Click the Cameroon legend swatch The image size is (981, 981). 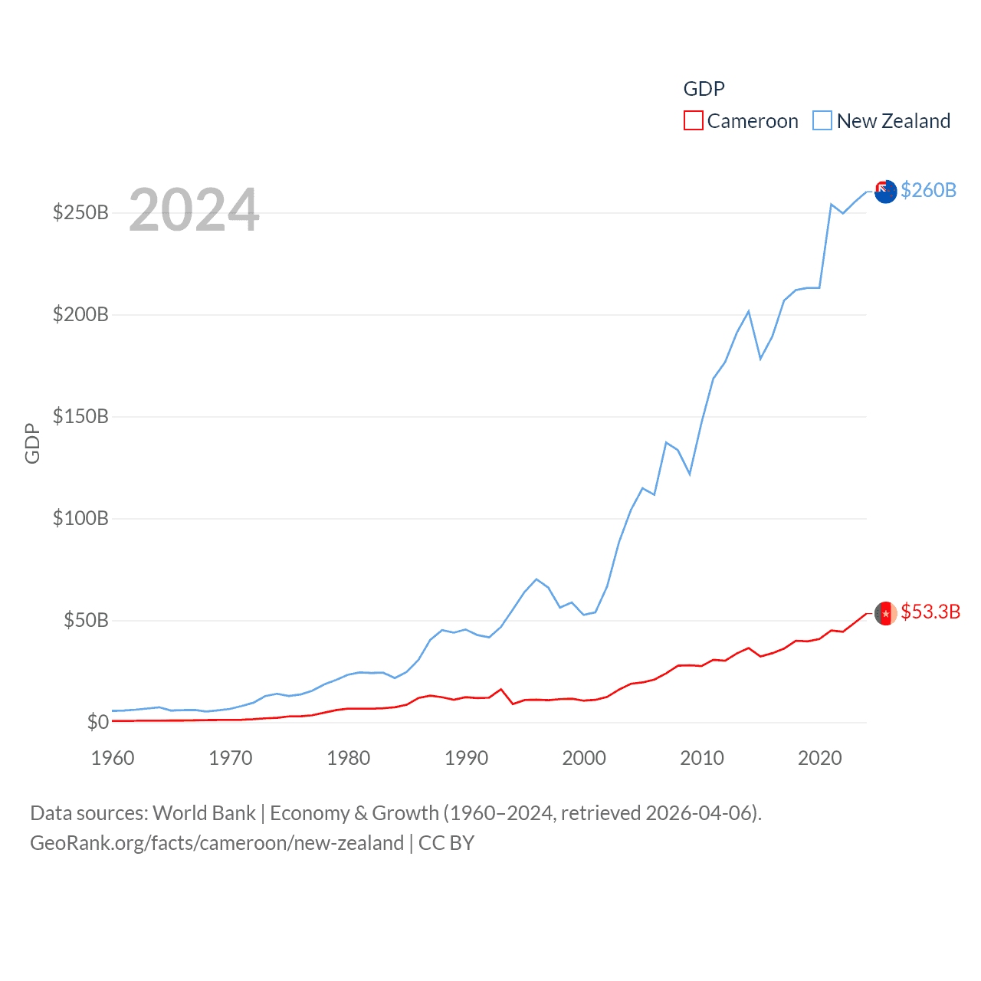(693, 121)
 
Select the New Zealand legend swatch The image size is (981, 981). (822, 121)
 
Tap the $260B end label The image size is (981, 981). (928, 190)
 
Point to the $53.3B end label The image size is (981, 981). (930, 612)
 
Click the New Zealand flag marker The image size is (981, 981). (885, 192)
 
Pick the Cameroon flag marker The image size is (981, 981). (885, 613)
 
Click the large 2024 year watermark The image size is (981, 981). (194, 210)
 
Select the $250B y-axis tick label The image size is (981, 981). (80, 212)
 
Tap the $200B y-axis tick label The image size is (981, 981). (80, 314)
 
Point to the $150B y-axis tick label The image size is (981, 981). (80, 416)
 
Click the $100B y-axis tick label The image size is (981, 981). (80, 518)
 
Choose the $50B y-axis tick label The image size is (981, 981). (86, 620)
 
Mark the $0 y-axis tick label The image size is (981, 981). (98, 722)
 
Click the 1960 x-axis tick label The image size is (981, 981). (113, 758)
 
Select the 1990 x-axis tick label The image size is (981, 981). (466, 758)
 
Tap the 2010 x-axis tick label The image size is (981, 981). (702, 758)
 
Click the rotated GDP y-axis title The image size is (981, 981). (32, 443)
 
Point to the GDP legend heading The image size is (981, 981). (704, 89)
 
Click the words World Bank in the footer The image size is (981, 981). (204, 813)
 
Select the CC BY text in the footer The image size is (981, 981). (446, 843)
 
